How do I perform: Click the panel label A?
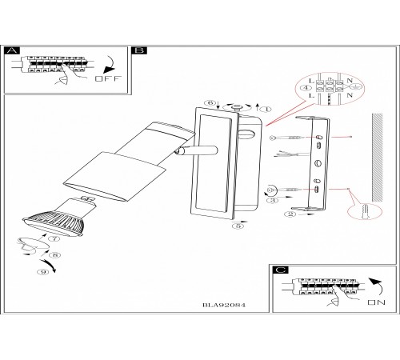click(x=12, y=50)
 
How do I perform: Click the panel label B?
click(x=139, y=50)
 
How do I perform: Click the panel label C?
click(x=280, y=270)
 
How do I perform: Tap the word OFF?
click(x=108, y=78)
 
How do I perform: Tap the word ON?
click(x=376, y=302)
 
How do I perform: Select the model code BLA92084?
click(x=224, y=305)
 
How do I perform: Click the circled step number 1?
click(x=266, y=109)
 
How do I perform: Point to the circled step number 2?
click(x=290, y=214)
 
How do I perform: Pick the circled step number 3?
click(x=273, y=200)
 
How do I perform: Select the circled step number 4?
click(x=306, y=88)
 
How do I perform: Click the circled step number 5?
click(x=238, y=226)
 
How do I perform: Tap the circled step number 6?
click(x=210, y=102)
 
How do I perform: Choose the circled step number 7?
click(x=55, y=238)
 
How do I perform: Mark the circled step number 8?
click(x=55, y=255)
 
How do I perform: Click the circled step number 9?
click(x=43, y=272)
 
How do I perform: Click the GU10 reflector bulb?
click(x=58, y=217)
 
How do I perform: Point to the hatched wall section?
click(x=378, y=158)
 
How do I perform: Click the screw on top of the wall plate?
click(x=236, y=107)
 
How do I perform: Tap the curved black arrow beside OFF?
click(x=109, y=65)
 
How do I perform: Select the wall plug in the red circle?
click(x=365, y=211)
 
